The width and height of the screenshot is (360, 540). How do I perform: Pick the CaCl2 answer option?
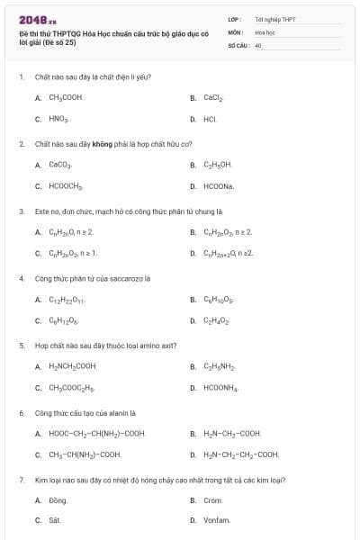click(212, 97)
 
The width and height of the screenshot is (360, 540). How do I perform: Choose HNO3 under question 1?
click(58, 119)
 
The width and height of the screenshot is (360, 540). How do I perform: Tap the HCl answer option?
click(210, 119)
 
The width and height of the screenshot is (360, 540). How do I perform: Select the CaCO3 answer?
click(59, 165)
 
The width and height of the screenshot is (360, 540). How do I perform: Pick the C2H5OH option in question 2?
click(218, 165)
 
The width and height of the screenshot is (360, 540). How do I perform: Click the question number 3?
click(22, 211)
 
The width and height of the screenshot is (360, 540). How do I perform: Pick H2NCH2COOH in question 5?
click(72, 366)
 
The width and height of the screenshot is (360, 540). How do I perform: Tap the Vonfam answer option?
click(217, 521)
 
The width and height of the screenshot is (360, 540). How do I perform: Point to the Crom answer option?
click(213, 500)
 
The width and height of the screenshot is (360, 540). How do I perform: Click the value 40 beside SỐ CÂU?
click(258, 44)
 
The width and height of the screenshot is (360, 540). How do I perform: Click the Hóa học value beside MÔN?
click(265, 31)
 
